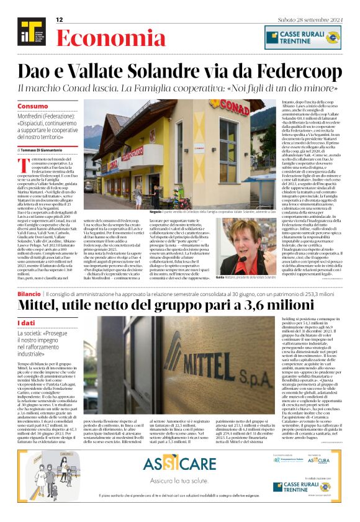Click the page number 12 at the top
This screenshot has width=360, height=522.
[60, 20]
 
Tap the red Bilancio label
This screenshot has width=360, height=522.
[29, 292]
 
